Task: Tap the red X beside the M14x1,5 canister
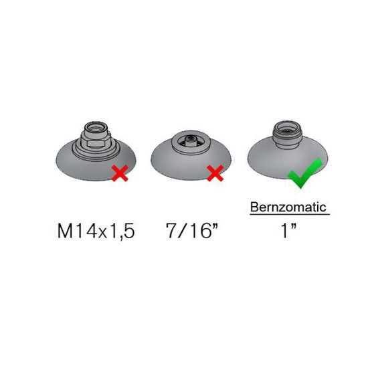point(120,173)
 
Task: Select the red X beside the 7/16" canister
point(215,173)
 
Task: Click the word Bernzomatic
point(288,207)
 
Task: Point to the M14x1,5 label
point(96,231)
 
